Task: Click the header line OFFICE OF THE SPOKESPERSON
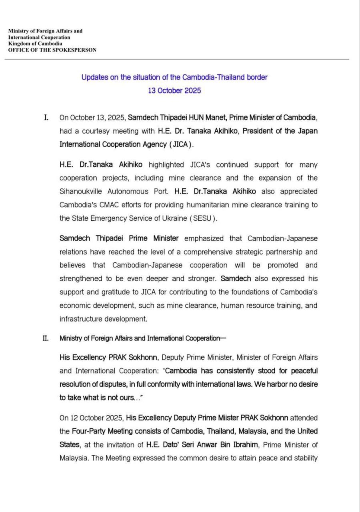(52, 50)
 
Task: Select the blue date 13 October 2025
(174, 90)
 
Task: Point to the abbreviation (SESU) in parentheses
(204, 218)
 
